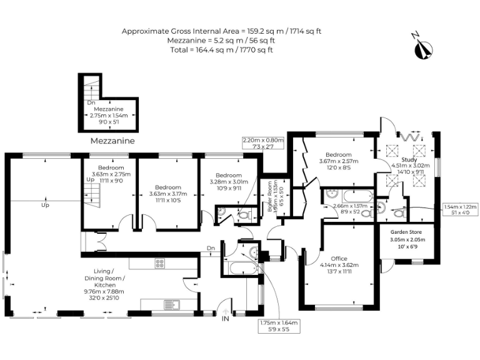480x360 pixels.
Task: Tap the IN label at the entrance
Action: coord(226,319)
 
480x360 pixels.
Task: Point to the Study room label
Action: coord(401,160)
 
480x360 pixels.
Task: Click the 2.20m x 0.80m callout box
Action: coord(263,143)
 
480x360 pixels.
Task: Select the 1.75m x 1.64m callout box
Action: coord(279,326)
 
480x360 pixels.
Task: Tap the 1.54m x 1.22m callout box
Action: coord(460,209)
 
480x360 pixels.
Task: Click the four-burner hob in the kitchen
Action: coord(159,264)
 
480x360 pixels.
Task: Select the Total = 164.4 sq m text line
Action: coord(222,49)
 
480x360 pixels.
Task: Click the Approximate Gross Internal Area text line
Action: coord(222,31)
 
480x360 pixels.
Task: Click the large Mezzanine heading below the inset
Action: coord(112,141)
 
